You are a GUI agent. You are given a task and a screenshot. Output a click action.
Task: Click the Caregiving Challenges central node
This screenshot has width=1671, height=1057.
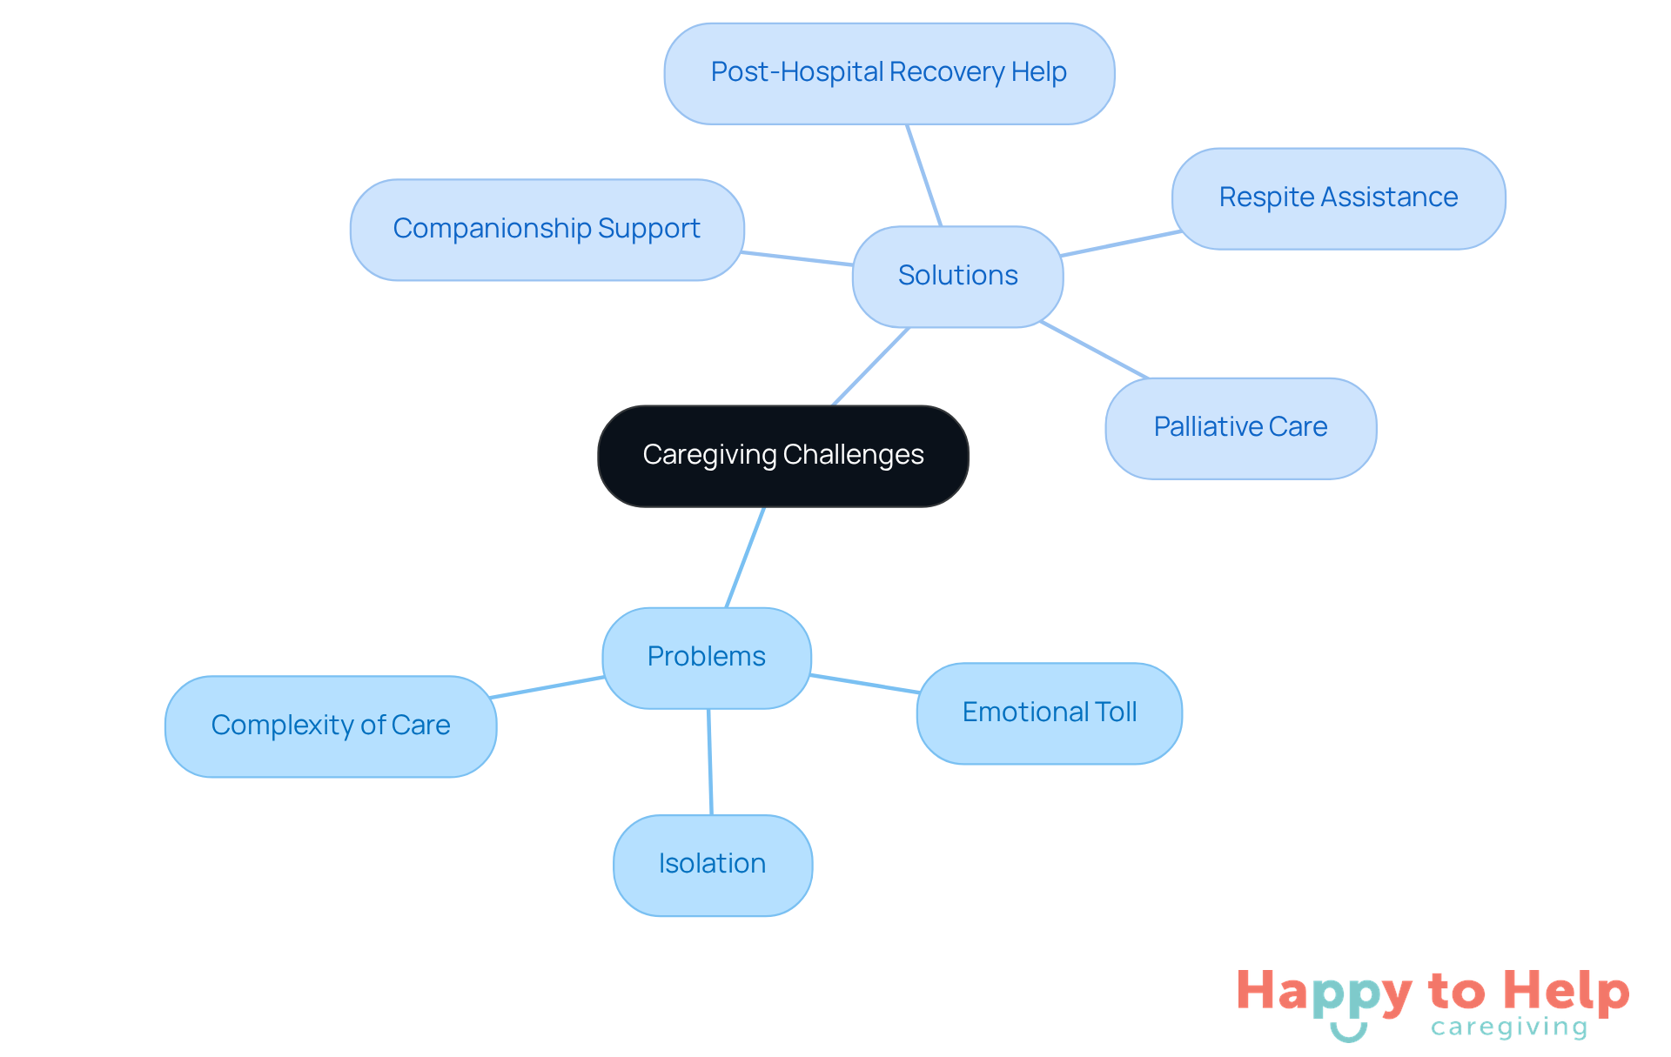[782, 455]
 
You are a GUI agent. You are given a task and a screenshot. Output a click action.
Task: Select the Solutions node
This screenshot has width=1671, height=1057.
[957, 276]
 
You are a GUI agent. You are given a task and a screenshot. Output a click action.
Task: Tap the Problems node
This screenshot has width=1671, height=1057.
[706, 657]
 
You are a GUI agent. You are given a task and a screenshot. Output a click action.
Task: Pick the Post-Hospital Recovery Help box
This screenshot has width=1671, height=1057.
[889, 72]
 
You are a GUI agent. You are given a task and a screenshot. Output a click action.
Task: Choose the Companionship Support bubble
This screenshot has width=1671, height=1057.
[547, 229]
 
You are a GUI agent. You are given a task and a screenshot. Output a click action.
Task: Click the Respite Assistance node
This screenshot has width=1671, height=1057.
[1338, 197]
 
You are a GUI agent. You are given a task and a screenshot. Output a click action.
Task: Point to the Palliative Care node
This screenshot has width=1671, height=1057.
[1240, 427]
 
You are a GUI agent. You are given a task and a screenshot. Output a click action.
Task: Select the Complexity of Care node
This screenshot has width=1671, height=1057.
[331, 726]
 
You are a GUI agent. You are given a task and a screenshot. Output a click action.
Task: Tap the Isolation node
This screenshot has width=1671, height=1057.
[712, 864]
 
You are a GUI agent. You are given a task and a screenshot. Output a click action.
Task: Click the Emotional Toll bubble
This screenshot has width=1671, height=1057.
[1049, 712]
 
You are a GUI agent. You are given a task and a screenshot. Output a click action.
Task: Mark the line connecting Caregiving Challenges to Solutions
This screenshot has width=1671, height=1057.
[870, 366]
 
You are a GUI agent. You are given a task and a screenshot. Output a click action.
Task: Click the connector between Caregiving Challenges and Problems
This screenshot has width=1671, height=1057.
[745, 557]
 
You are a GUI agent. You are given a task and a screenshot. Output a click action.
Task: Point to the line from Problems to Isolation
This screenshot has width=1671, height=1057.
[710, 761]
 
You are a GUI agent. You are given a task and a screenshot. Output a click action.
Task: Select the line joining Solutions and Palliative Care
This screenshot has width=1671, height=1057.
[1094, 350]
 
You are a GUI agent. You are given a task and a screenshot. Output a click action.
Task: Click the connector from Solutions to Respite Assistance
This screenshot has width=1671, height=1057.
[1120, 244]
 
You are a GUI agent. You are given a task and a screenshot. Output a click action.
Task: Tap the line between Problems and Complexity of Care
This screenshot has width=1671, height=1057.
[547, 687]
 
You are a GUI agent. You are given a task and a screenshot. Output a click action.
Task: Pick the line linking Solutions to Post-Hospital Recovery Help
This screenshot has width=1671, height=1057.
[923, 175]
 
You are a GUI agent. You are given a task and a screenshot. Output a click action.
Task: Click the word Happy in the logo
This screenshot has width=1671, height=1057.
[1324, 993]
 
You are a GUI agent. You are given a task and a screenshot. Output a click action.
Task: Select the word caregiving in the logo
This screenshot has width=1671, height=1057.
[1509, 1027]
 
